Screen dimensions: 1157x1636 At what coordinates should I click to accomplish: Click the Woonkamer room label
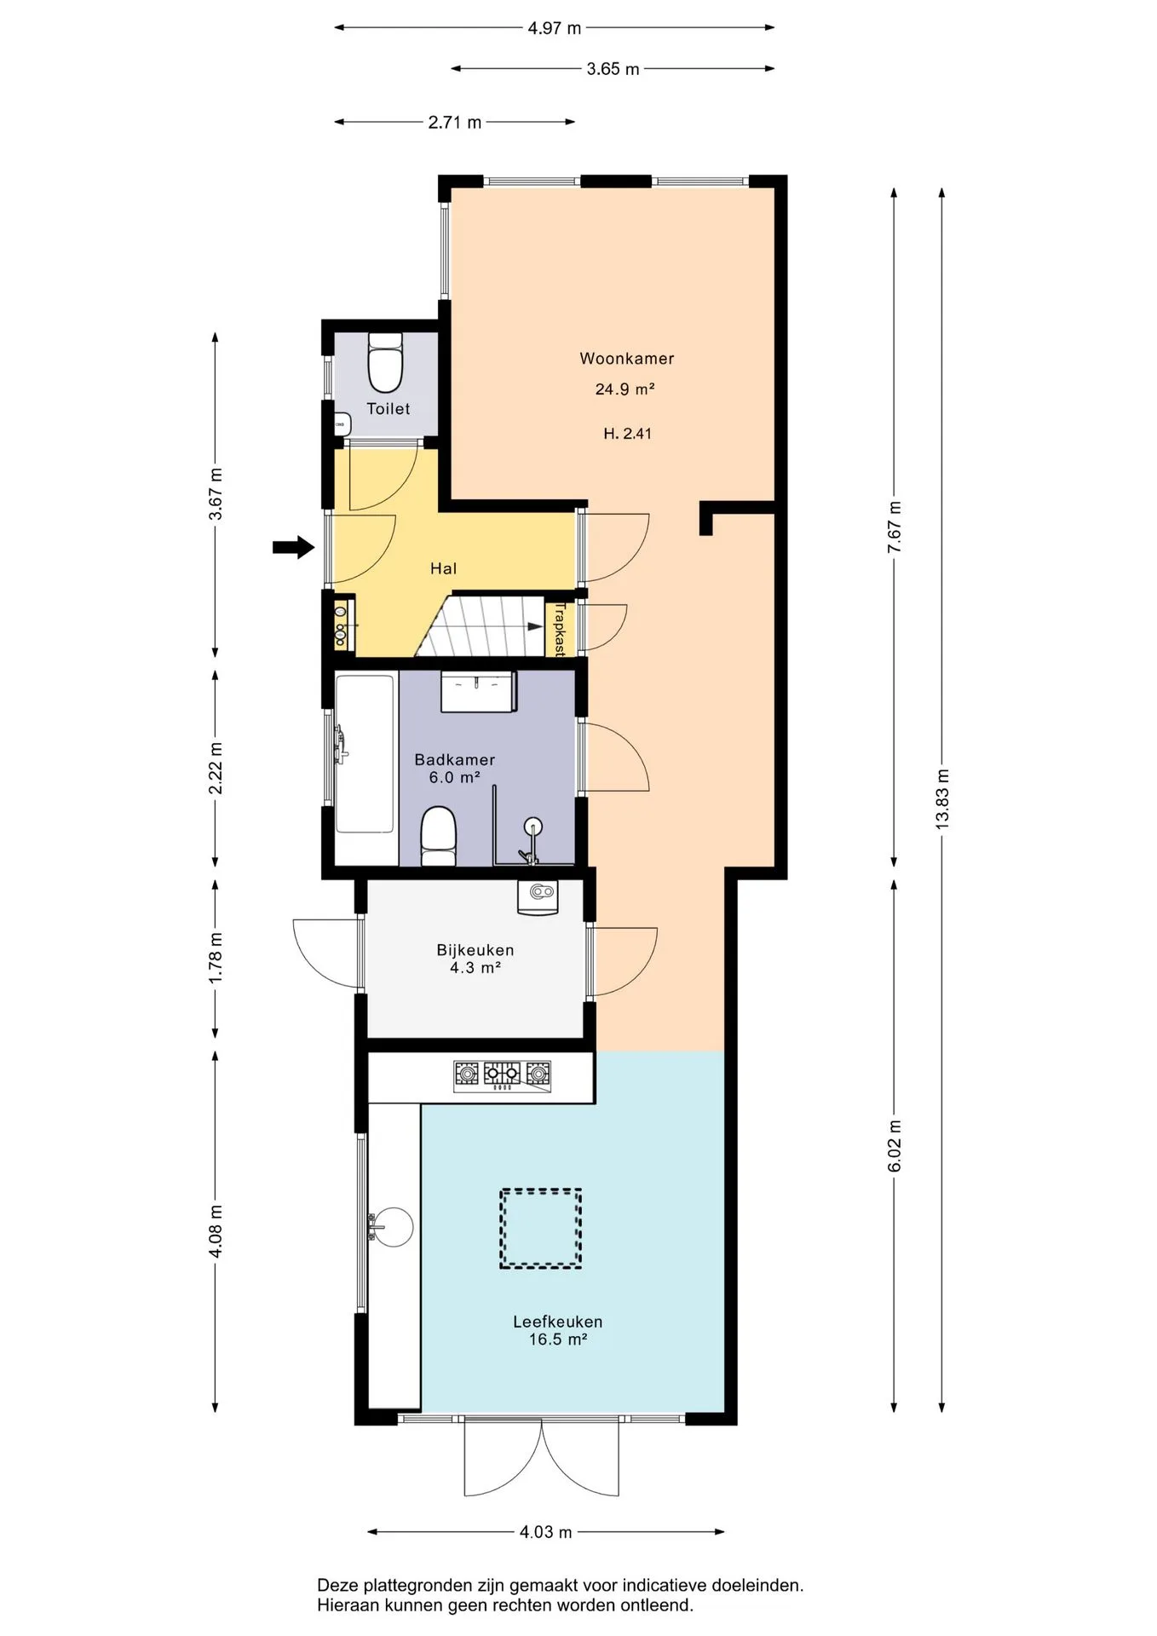pos(626,359)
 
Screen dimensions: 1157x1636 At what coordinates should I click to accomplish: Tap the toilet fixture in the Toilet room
pos(385,361)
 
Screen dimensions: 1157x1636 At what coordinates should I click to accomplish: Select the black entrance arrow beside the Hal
pos(293,547)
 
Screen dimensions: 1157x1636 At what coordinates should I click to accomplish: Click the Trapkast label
pos(560,629)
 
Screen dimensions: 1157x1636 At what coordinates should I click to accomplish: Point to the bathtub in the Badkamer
pos(366,754)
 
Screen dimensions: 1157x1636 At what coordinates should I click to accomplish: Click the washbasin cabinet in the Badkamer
pos(479,691)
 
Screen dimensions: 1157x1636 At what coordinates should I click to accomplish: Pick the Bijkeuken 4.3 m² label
pos(475,959)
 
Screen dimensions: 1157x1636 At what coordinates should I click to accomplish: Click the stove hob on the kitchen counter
pos(502,1076)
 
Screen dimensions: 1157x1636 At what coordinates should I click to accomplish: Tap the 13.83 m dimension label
pos(941,798)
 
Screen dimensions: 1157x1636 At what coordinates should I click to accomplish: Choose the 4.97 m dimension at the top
pos(554,28)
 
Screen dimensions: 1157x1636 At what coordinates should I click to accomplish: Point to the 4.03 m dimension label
pos(546,1532)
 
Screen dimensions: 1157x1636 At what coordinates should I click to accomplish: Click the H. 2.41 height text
pos(627,434)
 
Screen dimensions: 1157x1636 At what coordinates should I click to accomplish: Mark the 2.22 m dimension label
pos(216,767)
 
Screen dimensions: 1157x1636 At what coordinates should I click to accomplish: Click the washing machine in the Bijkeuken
pos(538,897)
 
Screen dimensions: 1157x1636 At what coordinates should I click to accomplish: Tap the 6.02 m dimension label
pos(895,1145)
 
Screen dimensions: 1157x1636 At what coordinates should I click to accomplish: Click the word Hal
pos(443,568)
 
